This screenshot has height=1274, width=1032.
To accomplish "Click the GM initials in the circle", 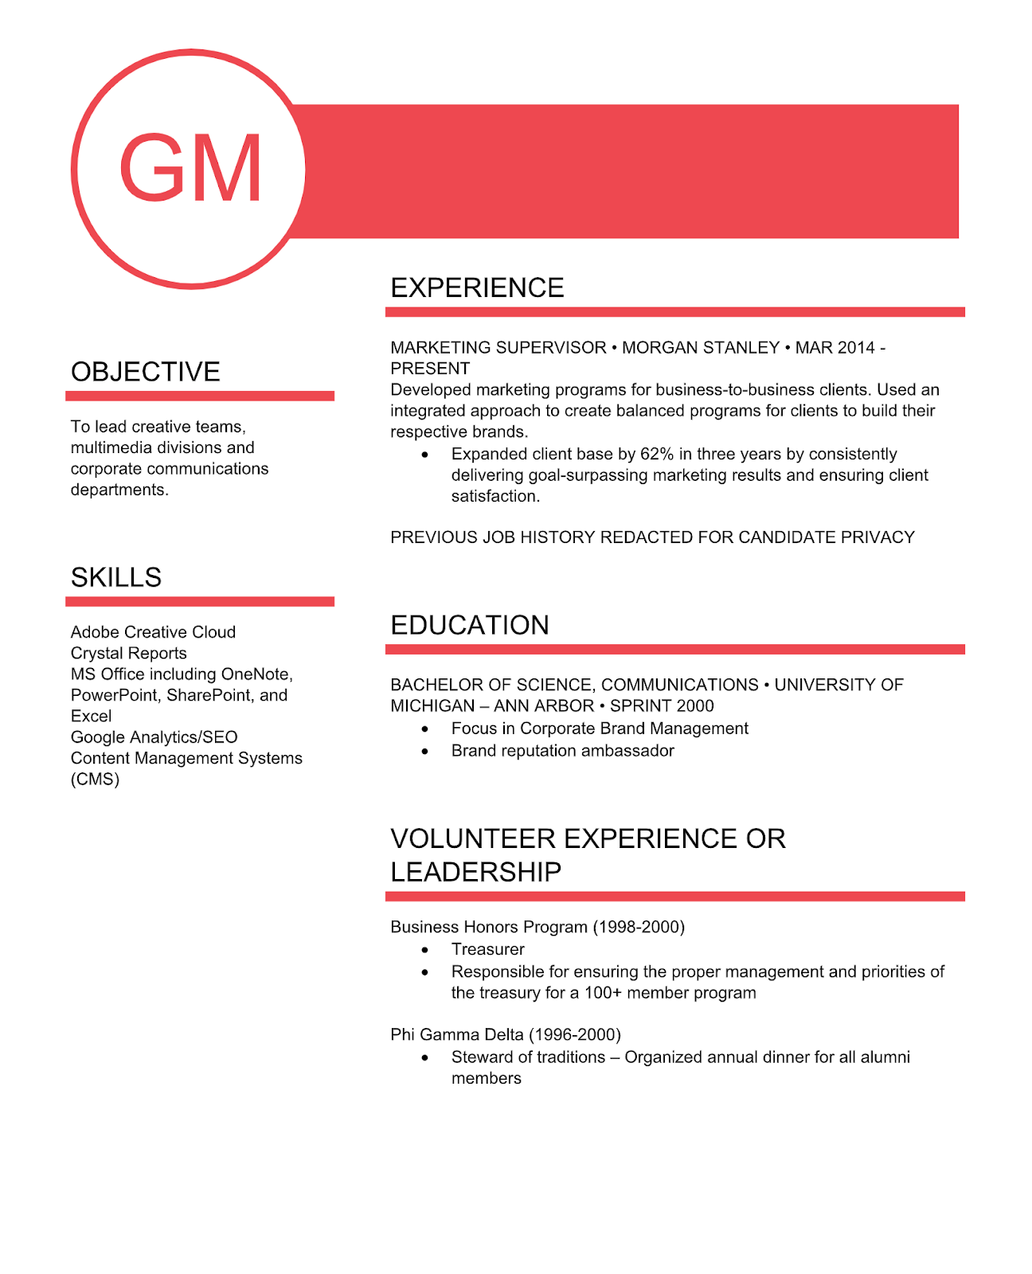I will (190, 169).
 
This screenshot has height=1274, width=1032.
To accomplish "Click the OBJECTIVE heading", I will (145, 372).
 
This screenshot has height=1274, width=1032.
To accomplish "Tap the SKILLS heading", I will (116, 577).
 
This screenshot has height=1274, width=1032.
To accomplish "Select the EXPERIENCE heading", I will (477, 287).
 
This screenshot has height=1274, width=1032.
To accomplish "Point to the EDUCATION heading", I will (470, 625).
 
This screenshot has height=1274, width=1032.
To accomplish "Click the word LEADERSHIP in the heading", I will (475, 872).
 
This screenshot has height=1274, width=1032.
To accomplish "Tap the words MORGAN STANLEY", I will (700, 348).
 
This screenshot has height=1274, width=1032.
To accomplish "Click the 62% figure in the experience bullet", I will (656, 454).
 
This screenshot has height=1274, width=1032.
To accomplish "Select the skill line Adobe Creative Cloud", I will (153, 632).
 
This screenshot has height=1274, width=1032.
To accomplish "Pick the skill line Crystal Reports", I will (128, 653).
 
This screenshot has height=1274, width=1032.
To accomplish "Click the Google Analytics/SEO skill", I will (154, 737).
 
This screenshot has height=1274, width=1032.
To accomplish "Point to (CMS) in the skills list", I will (95, 780).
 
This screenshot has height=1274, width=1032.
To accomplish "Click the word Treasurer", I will (487, 949).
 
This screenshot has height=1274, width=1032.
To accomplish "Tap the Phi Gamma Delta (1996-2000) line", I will (505, 1034).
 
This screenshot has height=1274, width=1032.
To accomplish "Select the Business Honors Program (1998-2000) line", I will (537, 927).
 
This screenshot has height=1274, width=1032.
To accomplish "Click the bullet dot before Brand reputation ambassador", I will (425, 751).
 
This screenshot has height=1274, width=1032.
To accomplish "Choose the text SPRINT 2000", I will (662, 706).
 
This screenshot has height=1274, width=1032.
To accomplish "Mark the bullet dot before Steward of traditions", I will (425, 1057).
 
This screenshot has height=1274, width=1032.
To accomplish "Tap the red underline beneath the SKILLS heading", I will (200, 601).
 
